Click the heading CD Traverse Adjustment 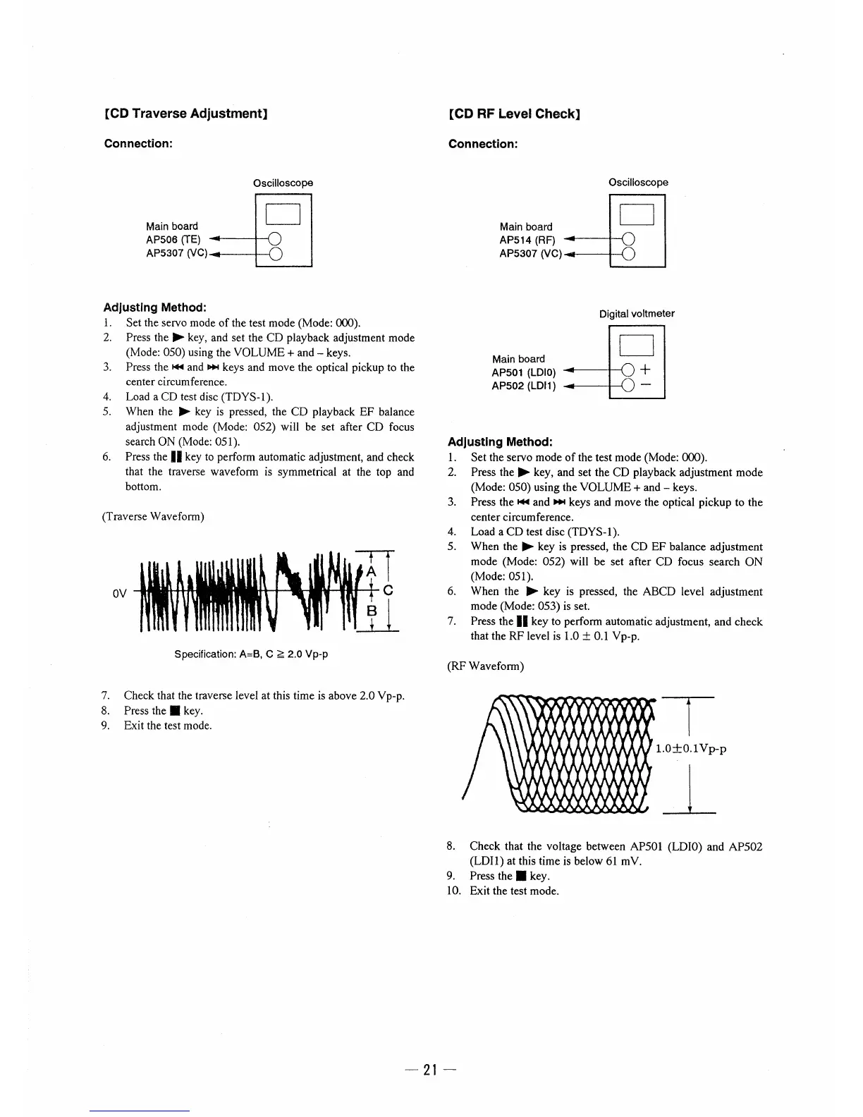click(x=185, y=114)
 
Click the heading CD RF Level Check click(x=514, y=114)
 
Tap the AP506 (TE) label click(x=173, y=240)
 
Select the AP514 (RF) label click(x=527, y=240)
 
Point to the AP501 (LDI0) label click(x=524, y=372)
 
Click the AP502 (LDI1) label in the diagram click(x=524, y=386)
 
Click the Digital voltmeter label click(x=637, y=314)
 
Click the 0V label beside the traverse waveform click(x=120, y=593)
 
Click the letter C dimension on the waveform click(x=387, y=590)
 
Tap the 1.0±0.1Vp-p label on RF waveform click(x=691, y=748)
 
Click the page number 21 click(x=432, y=1070)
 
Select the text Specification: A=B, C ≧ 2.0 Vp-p click(x=251, y=654)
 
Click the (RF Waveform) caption click(x=486, y=666)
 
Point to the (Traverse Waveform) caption click(x=154, y=516)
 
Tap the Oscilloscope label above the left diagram click(x=283, y=183)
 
